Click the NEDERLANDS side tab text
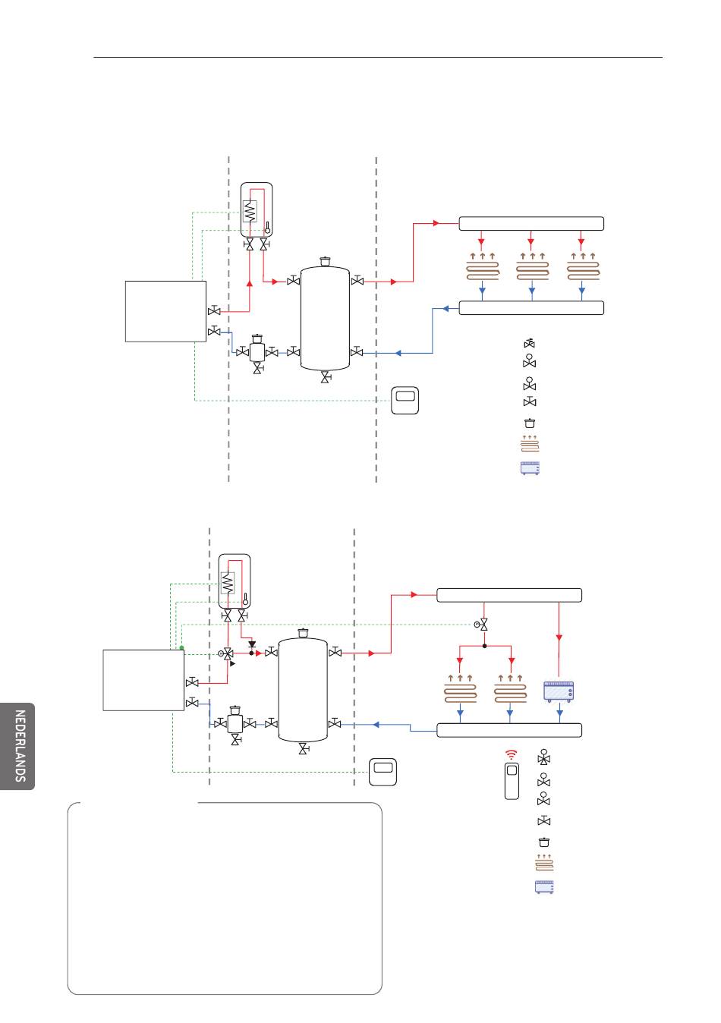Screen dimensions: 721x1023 [x=20, y=746]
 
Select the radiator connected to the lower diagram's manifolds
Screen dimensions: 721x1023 [x=559, y=691]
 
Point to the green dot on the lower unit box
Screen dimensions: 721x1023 [x=181, y=647]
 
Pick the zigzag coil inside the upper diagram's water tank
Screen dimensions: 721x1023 [x=250, y=212]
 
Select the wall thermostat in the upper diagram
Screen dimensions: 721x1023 [x=405, y=400]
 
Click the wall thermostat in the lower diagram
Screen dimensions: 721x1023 [x=383, y=772]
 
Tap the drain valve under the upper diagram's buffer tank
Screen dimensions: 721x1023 [x=326, y=377]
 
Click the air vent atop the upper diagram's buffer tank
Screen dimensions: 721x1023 [x=325, y=261]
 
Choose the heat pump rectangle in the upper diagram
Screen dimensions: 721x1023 [x=165, y=311]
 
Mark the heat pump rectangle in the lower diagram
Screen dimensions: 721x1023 [x=143, y=681]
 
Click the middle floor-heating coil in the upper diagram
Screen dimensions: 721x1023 [x=533, y=269]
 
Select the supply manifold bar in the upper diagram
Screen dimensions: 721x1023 [x=531, y=224]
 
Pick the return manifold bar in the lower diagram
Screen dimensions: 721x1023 [x=509, y=730]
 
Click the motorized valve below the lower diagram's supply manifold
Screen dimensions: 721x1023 [x=482, y=625]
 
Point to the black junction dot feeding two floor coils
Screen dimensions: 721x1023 [x=484, y=646]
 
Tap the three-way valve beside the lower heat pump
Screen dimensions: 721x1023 [x=227, y=653]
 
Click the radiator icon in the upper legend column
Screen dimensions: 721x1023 [x=530, y=468]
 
